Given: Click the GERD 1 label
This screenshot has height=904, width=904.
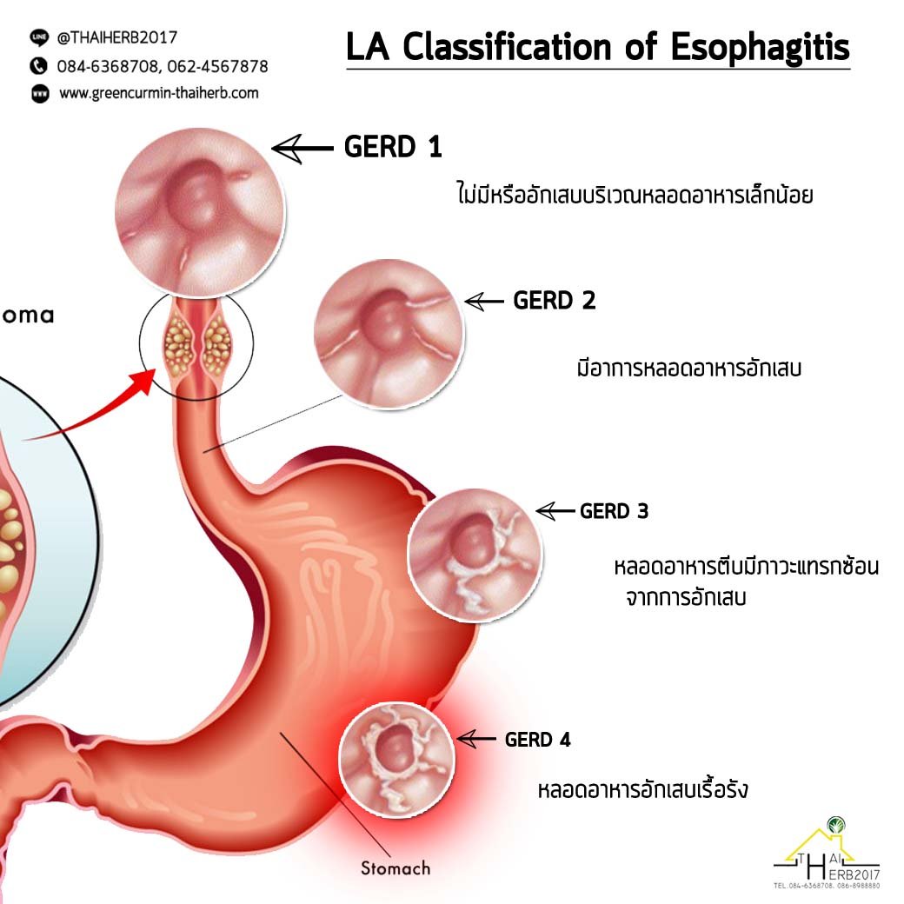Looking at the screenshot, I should pos(393,148).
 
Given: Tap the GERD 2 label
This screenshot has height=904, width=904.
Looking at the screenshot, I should pos(555,302).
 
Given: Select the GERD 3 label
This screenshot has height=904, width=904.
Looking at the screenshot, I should pos(614,511).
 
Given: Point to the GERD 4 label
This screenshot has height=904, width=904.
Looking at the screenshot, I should pos(538,740).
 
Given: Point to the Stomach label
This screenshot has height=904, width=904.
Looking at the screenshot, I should pos(395,867).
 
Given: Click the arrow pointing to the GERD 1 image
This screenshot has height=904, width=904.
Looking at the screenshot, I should pos(302,150).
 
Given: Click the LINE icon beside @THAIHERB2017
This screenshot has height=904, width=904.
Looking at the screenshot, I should pos(39,37).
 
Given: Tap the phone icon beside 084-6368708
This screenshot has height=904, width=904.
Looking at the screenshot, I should pos(39,65).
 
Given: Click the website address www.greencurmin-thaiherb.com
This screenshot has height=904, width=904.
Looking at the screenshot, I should pos(158,93).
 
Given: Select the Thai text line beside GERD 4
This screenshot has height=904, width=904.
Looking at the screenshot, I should pos(643,791).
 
